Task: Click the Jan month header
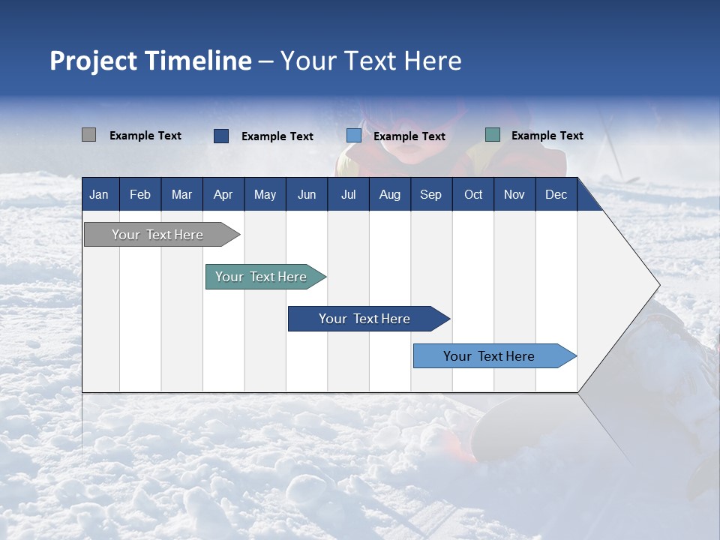coord(99,194)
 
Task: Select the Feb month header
coord(140,194)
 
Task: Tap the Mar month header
coord(181,194)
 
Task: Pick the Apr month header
coord(223,194)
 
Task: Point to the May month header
coord(265,194)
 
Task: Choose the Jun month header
coord(307,194)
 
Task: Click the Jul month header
coord(348,194)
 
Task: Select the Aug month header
coord(390,194)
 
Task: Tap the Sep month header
coord(431,194)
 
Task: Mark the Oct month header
coord(473,194)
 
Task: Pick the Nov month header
coord(514,194)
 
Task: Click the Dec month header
coord(556,194)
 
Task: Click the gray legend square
coord(88,135)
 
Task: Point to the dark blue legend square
coord(221,136)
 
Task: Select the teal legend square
coord(493,135)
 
